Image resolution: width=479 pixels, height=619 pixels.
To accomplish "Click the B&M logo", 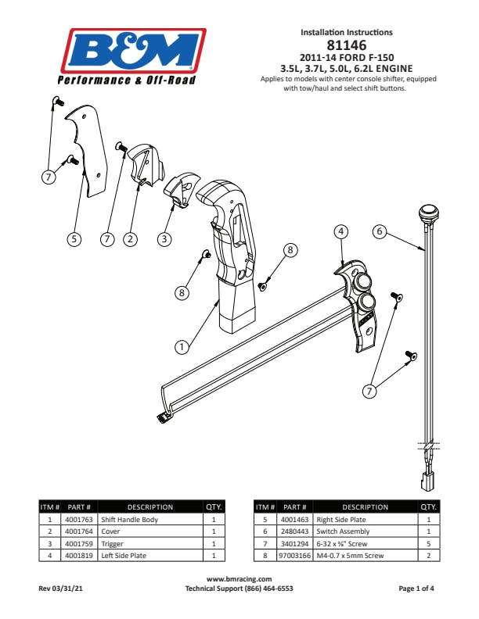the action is coord(132,56).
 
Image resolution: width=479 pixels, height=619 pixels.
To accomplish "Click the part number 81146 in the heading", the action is coord(347,45).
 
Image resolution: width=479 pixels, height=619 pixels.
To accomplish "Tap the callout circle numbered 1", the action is coord(182,347).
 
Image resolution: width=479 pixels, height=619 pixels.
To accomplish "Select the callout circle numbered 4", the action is coord(341,231).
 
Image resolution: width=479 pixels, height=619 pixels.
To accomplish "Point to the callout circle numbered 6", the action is coord(380,231).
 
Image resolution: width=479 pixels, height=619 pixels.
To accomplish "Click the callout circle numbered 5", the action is coord(74,239).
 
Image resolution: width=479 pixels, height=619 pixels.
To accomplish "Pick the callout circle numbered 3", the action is coord(164,238).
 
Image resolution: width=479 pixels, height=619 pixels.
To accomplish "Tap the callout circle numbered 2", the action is coord(131,239).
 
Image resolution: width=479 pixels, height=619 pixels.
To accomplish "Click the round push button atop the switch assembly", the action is coord(428,212).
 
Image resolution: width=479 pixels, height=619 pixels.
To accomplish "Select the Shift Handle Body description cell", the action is coord(150,520).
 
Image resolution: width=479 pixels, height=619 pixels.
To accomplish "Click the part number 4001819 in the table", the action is coord(79,556).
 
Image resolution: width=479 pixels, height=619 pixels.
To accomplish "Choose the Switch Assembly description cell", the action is coord(366,531).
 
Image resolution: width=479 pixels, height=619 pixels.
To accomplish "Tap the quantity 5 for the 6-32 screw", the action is coord(429,544).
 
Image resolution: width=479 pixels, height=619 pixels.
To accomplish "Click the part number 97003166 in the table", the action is coord(294,556).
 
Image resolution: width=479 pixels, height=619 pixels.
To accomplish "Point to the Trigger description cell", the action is coord(150,544).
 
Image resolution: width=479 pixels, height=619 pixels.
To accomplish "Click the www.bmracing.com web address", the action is coord(239,579).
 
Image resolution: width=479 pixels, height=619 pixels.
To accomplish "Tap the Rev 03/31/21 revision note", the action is coord(60,589).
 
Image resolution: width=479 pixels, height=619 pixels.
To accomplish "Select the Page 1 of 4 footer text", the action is coord(416,589).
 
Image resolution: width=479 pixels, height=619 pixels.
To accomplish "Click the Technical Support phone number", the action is coord(268,589).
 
